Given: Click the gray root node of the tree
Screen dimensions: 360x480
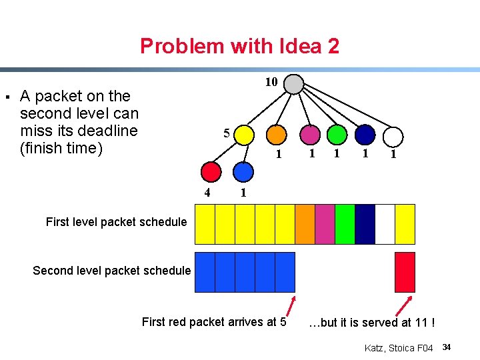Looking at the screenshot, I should click(293, 84).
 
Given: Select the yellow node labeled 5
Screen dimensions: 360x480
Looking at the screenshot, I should click(245, 135).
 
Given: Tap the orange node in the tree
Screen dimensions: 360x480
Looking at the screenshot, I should click(277, 135).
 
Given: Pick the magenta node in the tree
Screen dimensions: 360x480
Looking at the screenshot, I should click(310, 135).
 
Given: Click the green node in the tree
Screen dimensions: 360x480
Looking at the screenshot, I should click(337, 135).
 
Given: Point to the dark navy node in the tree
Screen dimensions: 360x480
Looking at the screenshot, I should click(365, 135).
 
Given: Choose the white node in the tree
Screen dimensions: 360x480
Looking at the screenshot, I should click(393, 137).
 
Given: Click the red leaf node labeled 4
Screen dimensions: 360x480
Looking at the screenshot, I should click(211, 172).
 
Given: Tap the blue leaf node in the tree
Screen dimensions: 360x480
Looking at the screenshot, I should click(244, 172).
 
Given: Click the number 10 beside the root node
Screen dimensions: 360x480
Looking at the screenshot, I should click(271, 82).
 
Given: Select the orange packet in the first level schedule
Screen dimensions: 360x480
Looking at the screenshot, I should click(305, 224).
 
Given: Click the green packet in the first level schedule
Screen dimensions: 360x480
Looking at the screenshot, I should click(345, 224).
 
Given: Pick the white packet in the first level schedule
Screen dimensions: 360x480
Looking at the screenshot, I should click(385, 224).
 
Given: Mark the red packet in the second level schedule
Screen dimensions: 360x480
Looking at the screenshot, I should click(405, 272).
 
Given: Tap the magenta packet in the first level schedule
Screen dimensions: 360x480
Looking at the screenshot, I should click(325, 224).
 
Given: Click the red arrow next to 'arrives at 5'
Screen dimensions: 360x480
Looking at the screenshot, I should click(291, 305).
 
